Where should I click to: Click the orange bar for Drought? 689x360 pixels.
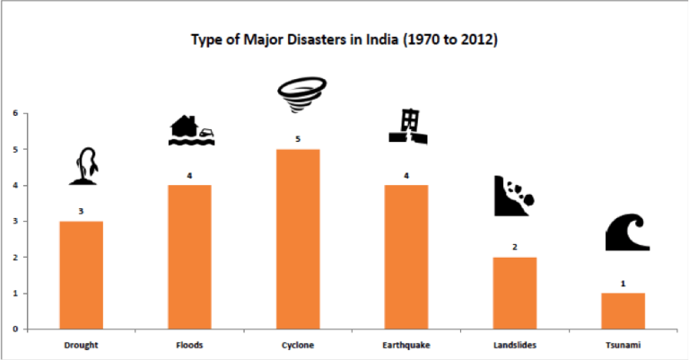coord(81,275)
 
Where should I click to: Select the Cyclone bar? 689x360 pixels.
coord(297,239)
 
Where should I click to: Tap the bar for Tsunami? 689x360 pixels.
coord(623,311)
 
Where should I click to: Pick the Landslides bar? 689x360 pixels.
coord(514,293)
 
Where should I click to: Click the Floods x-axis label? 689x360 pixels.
coord(189,344)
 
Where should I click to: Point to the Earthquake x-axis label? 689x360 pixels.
coord(406,344)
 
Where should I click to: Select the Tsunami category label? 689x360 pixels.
coord(623,344)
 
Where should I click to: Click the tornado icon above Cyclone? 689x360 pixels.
coord(297,94)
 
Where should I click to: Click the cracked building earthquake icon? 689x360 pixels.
coord(407,127)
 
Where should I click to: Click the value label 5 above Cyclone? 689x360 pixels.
coord(298,139)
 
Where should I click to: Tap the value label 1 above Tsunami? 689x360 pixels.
coord(623,284)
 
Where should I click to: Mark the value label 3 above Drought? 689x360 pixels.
coord(81,212)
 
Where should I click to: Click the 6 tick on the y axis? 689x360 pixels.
coord(15,113)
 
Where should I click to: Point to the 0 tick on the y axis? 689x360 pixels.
coord(15,329)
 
